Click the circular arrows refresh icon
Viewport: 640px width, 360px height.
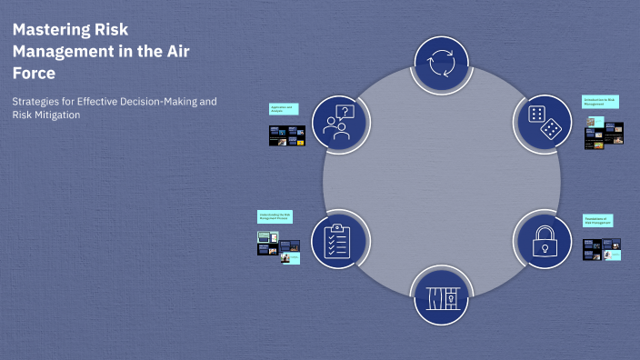[441, 65]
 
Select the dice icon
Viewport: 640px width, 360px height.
[543, 122]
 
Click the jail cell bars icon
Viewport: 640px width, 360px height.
[441, 297]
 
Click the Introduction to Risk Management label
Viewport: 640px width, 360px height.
[600, 102]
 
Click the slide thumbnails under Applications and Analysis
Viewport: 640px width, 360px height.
[285, 135]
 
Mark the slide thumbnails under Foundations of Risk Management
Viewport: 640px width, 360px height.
[602, 249]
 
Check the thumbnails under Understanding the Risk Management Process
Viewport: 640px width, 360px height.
[277, 245]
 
